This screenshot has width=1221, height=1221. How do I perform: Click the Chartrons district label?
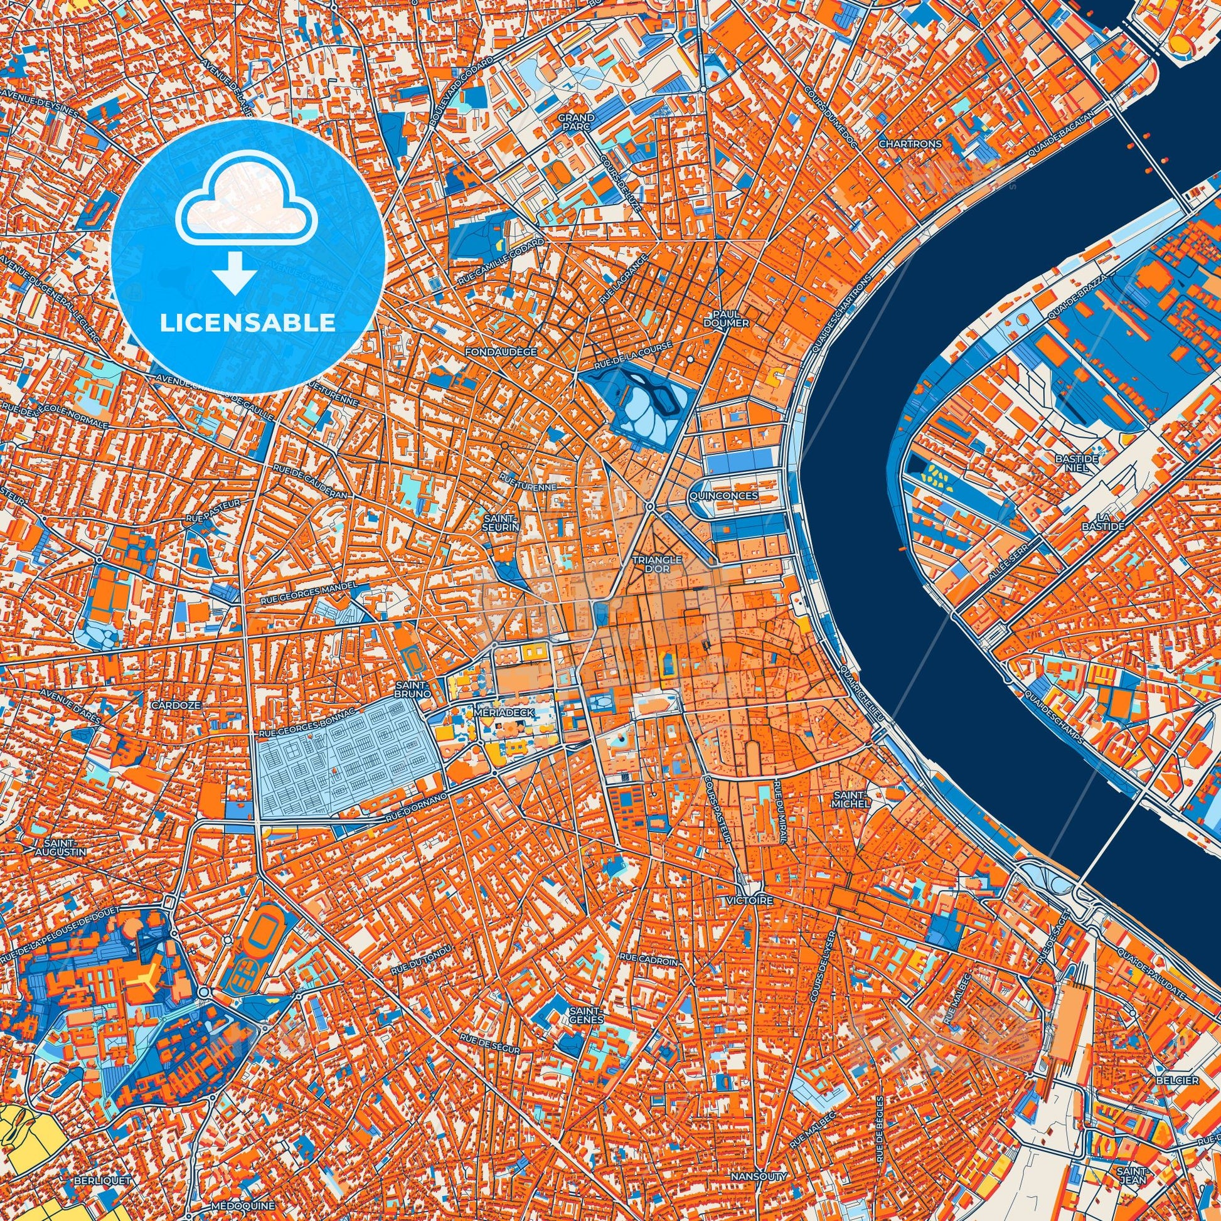(910, 144)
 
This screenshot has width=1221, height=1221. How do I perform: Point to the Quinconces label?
(724, 496)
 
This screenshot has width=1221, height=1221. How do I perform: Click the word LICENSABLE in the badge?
(248, 323)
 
